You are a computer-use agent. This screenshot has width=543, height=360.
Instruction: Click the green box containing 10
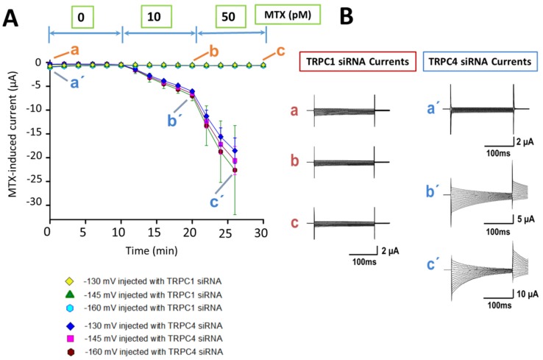tap(156, 17)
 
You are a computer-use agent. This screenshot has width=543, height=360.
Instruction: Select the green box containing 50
tap(230, 17)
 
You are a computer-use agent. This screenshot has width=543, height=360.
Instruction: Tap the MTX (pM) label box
tap(288, 15)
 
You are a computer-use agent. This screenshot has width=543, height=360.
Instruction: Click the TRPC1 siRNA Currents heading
tap(358, 62)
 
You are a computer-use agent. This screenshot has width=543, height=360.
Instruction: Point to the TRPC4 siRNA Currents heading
tap(480, 62)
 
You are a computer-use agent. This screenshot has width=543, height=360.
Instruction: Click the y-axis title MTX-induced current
tap(13, 134)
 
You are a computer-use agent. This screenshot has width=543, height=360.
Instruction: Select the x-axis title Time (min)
tap(152, 250)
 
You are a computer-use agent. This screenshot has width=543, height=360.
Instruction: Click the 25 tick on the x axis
tap(225, 233)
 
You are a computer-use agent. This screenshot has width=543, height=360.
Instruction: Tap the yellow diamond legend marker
tap(70, 281)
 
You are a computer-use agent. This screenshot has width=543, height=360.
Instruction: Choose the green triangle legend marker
tap(70, 294)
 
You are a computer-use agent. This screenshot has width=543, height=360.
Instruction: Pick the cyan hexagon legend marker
tap(70, 308)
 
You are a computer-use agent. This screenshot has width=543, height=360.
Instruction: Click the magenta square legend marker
tap(71, 338)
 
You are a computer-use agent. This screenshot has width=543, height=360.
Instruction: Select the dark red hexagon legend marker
tap(71, 352)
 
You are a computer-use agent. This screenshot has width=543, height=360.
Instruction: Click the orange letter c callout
tap(280, 51)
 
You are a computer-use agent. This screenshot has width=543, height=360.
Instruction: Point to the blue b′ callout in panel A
tap(173, 121)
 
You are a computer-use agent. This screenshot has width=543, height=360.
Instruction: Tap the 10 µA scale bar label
tap(528, 294)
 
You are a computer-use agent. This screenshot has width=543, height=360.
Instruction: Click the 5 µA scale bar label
tap(526, 219)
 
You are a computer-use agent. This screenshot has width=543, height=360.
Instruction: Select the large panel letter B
tap(347, 16)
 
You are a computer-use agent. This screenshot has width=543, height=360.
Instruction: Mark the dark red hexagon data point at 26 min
tap(235, 170)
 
